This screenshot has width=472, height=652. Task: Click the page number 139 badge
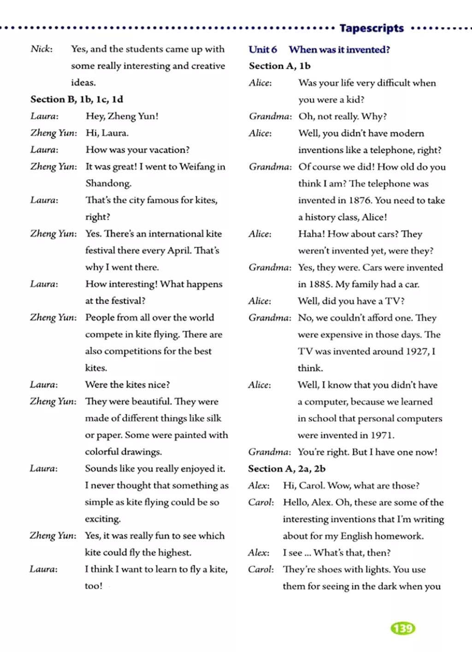click(403, 628)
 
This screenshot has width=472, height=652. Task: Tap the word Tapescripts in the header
click(372, 28)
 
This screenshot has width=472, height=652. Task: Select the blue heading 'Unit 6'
click(263, 49)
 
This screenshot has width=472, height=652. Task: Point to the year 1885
click(320, 284)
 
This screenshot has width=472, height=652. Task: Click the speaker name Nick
click(41, 49)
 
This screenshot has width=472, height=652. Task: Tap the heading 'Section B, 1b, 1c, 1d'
click(77, 99)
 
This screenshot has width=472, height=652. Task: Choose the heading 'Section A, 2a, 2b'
click(287, 469)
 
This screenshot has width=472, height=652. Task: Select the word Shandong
click(108, 183)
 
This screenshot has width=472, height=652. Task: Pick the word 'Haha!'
click(311, 234)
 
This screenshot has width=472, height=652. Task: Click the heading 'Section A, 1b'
click(280, 66)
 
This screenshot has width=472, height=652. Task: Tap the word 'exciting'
click(102, 519)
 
